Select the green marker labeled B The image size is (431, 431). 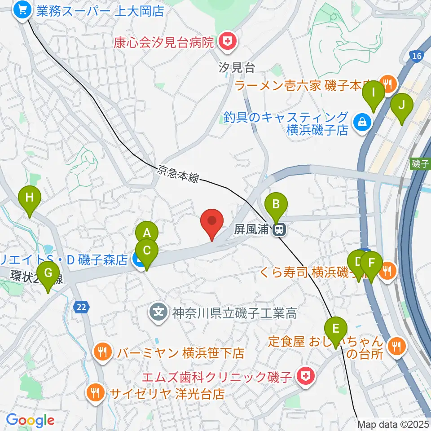[x=276, y=205]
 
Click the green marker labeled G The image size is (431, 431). [x=48, y=273]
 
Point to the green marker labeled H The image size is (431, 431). [x=30, y=198]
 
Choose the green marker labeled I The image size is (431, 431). [x=374, y=93]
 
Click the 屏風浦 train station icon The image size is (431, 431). [x=279, y=230]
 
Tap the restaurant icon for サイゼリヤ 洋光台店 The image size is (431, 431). [x=95, y=394]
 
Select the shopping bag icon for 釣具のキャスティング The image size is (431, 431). [x=361, y=121]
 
